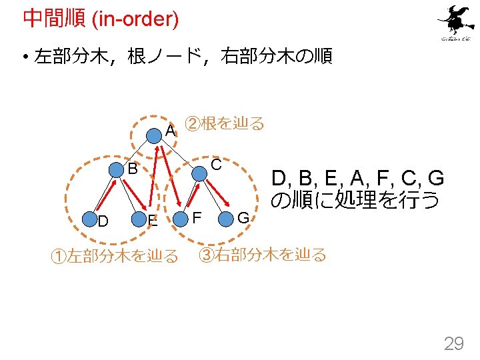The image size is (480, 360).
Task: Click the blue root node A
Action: (155, 137)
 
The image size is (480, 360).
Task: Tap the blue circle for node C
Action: (198, 173)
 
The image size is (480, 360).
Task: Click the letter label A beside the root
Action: (171, 131)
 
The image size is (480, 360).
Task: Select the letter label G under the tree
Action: (243, 219)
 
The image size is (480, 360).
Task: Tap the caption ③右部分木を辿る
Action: (264, 254)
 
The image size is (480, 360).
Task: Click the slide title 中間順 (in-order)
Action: (101, 19)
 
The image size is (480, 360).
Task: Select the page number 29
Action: (454, 344)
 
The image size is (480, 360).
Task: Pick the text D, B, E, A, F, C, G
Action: (357, 179)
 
